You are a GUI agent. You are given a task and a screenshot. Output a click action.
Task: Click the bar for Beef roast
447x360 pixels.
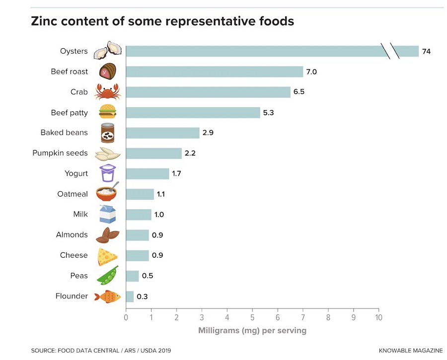214,72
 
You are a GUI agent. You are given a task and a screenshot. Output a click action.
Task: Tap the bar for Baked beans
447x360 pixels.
162,133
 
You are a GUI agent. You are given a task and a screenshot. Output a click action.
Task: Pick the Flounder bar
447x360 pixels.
130,296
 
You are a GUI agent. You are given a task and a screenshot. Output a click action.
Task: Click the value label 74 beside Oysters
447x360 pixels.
426,52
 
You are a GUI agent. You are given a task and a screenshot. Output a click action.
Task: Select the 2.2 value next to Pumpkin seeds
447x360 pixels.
190,153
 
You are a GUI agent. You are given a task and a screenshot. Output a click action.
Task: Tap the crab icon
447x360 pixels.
108,92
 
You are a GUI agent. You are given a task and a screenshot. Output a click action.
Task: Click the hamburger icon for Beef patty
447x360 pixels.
108,112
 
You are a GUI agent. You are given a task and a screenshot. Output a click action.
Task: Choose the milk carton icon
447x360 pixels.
108,215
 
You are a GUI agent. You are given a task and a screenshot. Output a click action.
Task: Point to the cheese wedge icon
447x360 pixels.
107,256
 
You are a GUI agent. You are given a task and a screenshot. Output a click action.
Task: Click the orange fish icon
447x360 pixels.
107,296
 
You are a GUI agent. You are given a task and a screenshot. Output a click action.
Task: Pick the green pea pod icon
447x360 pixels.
108,276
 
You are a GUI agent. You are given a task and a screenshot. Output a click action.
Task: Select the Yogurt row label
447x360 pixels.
76,174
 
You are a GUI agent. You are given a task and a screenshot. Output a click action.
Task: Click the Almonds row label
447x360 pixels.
72,235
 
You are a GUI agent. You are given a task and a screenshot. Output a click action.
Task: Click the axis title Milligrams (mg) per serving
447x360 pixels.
252,330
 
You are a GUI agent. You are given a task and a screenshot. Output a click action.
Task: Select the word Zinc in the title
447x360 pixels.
44,22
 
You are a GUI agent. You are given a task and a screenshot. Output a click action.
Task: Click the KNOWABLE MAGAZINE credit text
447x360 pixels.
411,351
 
